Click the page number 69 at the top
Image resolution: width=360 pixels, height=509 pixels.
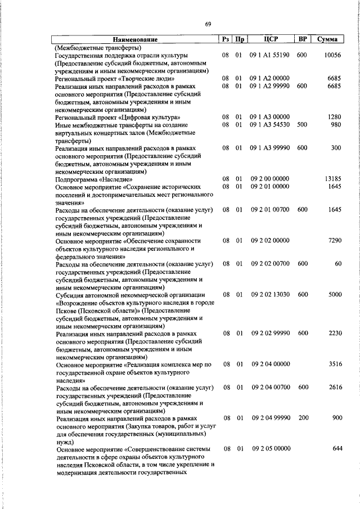[208, 23]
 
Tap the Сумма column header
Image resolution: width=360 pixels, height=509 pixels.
[327, 40]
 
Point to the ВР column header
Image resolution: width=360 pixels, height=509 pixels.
[302, 40]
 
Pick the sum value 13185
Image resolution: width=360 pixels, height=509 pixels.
[331, 179]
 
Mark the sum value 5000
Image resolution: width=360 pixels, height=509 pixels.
[334, 294]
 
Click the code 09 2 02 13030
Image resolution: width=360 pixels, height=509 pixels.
[270, 294]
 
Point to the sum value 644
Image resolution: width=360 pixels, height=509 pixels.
[336, 449]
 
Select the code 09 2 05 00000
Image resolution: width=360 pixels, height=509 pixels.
[270, 449]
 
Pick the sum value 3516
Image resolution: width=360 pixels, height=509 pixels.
[334, 364]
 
